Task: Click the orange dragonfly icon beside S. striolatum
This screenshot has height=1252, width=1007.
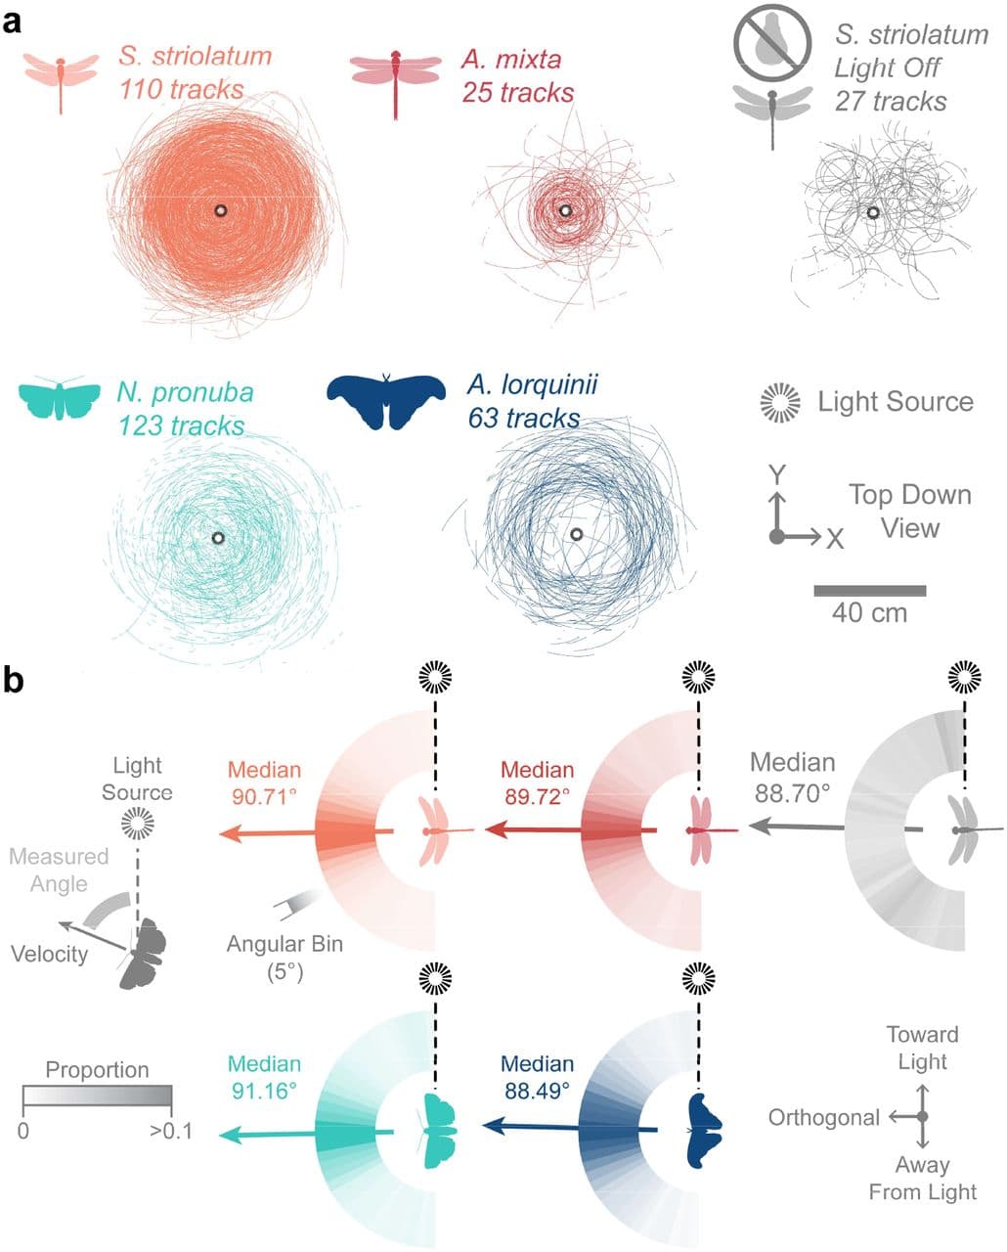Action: pos(61,78)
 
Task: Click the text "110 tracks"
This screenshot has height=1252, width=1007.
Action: pos(182,89)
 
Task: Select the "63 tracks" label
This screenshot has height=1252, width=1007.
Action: pos(523,418)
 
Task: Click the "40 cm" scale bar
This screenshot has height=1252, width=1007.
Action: pos(869,591)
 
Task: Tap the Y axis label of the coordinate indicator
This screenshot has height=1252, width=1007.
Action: pos(777,475)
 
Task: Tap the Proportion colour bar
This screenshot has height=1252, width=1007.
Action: pos(97,1095)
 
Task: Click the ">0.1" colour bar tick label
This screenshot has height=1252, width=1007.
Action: pos(172,1132)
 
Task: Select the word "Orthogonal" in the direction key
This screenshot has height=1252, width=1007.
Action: pos(824,1117)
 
